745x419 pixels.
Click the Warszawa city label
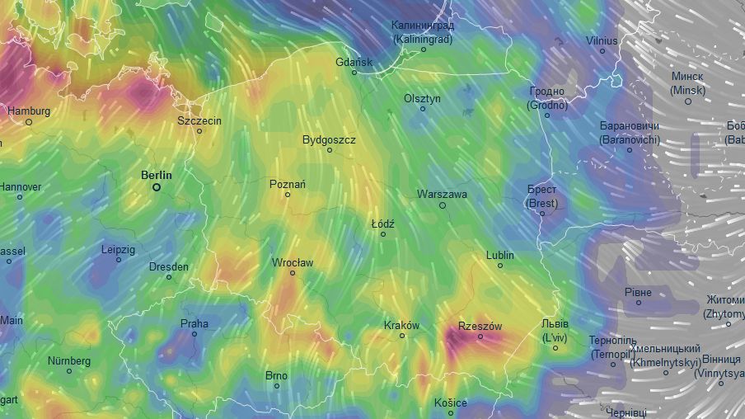click(442, 195)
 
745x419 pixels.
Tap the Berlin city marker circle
click(157, 187)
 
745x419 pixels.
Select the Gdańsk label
click(354, 62)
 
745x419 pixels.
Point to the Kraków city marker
click(402, 336)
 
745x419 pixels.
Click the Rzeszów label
click(480, 327)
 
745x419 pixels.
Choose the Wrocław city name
click(293, 262)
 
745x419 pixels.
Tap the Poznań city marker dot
click(288, 195)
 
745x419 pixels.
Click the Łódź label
click(383, 224)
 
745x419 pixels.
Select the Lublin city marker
click(499, 266)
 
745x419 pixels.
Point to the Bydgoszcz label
click(329, 140)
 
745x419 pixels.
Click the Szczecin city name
click(199, 120)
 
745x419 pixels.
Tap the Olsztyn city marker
click(423, 109)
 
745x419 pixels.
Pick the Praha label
click(194, 323)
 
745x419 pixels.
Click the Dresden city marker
click(169, 277)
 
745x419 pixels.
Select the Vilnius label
click(602, 40)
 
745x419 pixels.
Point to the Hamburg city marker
click(29, 122)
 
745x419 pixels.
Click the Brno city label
click(277, 375)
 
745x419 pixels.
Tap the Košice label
click(451, 403)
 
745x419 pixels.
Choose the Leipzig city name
click(118, 249)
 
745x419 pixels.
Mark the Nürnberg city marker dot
click(69, 371)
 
